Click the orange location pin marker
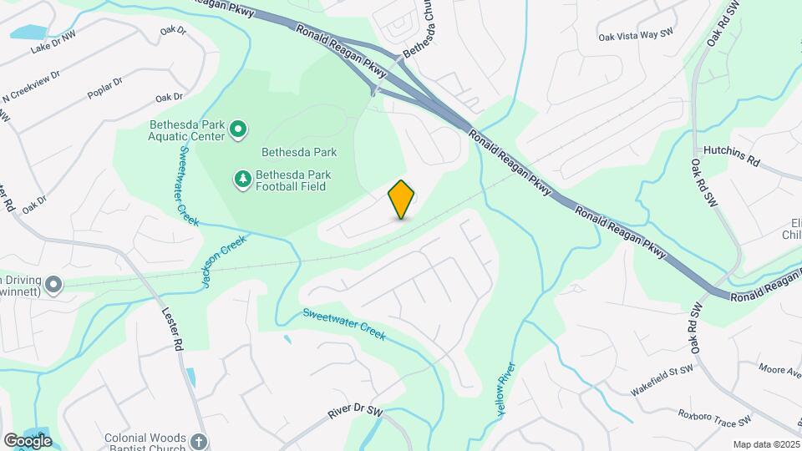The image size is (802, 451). coord(402,200)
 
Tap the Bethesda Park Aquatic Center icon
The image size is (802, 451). coord(238,129)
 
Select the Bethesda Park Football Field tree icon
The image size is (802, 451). coord(243,180)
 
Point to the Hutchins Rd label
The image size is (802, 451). coord(729,160)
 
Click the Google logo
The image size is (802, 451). coord(28,440)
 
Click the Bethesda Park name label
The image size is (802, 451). coord(299,152)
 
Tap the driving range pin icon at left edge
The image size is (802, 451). coord(54,286)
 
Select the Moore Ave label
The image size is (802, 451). coord(779,368)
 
